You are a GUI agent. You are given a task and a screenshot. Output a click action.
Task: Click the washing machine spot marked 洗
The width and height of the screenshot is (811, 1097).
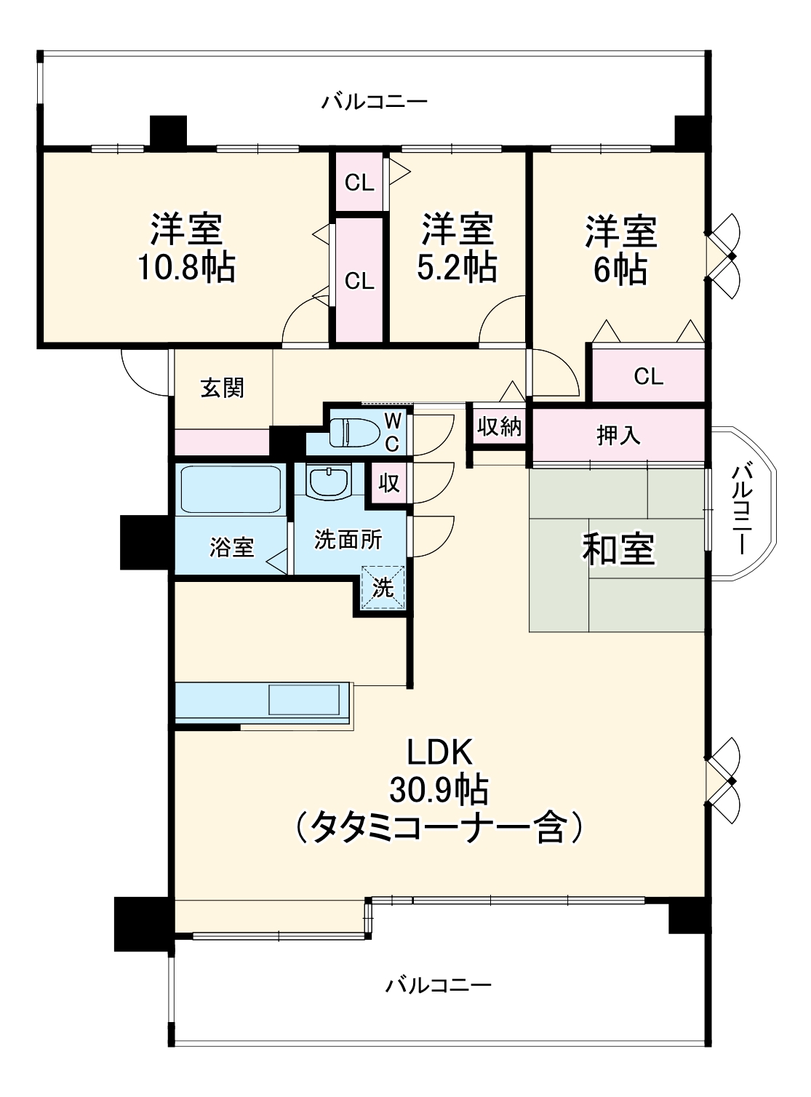coord(383,586)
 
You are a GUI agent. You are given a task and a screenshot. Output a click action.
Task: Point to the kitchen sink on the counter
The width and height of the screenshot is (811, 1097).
coord(304,700)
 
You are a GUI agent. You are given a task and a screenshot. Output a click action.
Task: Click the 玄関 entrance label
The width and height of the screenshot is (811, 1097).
coord(223,388)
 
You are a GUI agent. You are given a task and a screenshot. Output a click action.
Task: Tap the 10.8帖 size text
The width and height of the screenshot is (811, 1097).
coord(186,268)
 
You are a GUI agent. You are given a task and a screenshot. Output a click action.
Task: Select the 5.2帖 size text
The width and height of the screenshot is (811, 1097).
coord(457,268)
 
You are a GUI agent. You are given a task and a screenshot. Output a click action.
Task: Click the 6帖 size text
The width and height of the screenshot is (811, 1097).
coord(620,270)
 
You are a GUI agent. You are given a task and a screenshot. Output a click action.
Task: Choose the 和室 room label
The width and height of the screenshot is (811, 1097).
coord(618,548)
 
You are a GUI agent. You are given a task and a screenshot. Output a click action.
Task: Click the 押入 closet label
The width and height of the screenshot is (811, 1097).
coord(618,435)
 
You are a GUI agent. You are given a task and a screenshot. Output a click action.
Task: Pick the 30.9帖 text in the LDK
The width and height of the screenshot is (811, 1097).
coord(439,789)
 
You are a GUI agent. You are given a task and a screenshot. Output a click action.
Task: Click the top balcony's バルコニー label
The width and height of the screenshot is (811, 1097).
coord(375,102)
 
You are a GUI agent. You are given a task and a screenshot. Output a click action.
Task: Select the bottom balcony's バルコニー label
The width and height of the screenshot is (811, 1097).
coord(439,986)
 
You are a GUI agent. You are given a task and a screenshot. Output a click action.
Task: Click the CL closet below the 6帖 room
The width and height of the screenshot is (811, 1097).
coord(648,376)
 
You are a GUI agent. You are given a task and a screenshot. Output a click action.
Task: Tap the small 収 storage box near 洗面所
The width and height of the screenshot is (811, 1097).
coord(389,482)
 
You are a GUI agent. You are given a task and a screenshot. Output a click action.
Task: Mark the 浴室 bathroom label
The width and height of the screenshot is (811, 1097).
coord(231,547)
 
